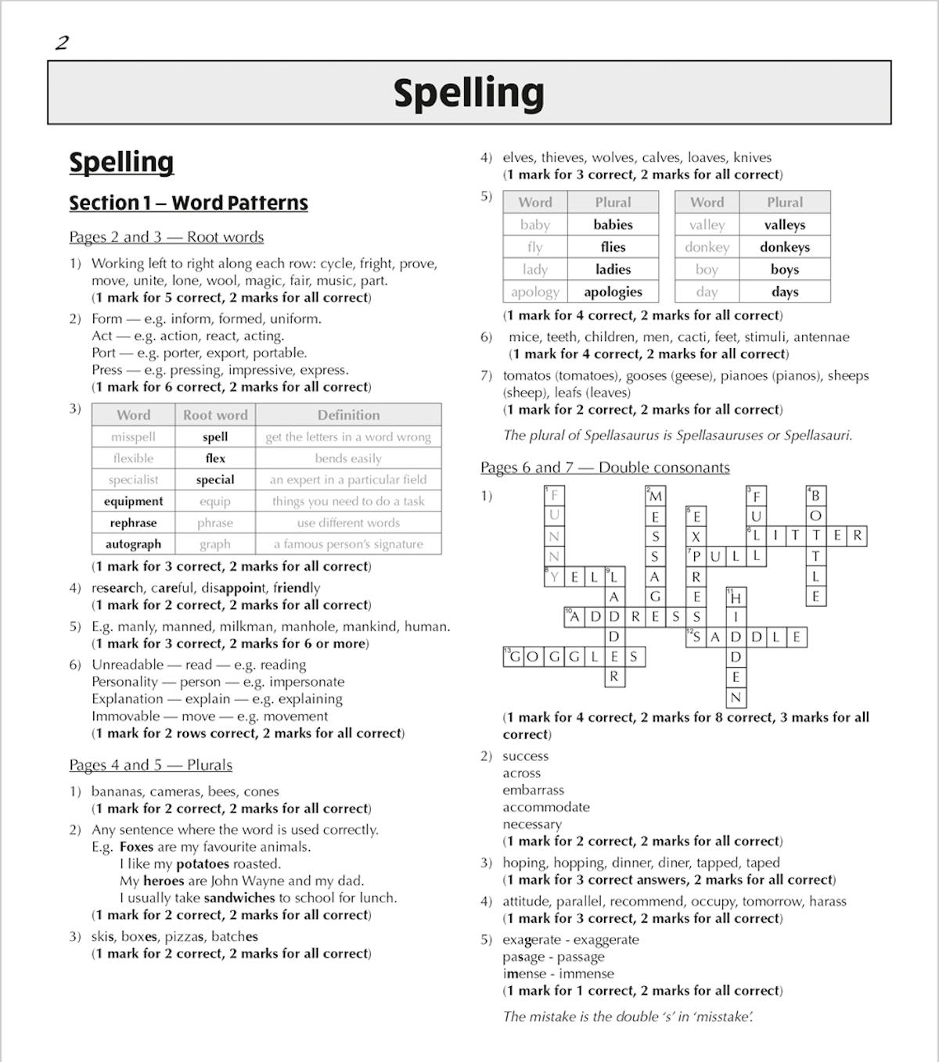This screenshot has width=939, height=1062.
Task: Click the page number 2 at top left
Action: [x=62, y=43]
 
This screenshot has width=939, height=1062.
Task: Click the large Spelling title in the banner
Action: [x=469, y=93]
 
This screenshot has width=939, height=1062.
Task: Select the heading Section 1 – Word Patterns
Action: [x=188, y=203]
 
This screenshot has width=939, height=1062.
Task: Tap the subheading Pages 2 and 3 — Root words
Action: [x=166, y=237]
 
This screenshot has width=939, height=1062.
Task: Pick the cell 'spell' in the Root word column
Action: [x=215, y=437]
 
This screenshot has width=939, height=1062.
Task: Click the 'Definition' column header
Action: [x=348, y=415]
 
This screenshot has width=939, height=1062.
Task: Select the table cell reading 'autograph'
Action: [x=133, y=544]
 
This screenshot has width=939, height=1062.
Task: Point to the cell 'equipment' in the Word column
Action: [x=133, y=501]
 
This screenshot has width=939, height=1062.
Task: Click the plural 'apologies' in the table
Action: [x=613, y=292]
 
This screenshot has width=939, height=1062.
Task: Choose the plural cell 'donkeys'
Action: [x=784, y=247]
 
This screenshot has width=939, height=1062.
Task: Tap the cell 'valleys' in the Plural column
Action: [x=784, y=225]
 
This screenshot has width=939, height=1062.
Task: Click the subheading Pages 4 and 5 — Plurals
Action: [x=150, y=765]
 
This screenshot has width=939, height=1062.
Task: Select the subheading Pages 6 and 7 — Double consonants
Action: [x=605, y=468]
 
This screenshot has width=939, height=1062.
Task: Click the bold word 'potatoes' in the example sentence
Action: [x=203, y=864]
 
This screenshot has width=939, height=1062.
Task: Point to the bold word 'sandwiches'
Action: [x=239, y=898]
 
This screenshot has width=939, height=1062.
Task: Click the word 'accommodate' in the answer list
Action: [x=546, y=807]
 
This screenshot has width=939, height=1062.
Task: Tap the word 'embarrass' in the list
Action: [x=533, y=790]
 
